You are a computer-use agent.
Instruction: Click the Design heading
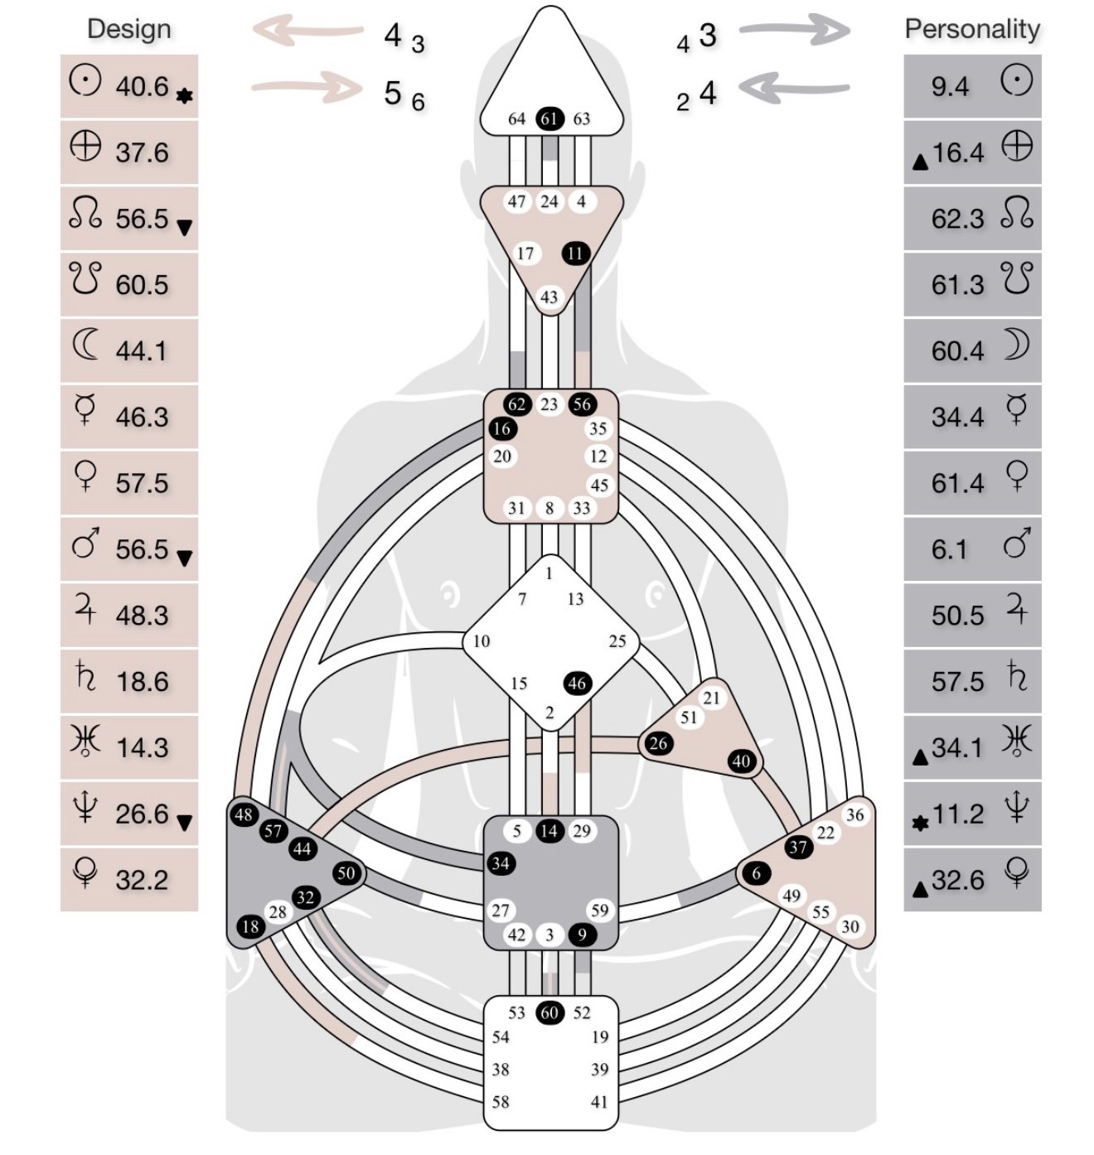click(x=129, y=29)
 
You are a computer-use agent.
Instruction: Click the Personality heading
click(x=972, y=29)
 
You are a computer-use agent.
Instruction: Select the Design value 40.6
click(x=142, y=86)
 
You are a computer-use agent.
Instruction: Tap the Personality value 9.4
click(x=950, y=86)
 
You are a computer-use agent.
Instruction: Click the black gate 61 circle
click(x=549, y=118)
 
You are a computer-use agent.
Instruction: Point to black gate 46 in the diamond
click(x=577, y=684)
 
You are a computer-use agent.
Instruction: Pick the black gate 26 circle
click(x=658, y=743)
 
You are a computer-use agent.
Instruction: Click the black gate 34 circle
click(x=501, y=863)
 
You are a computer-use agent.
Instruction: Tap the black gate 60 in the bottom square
click(x=549, y=1012)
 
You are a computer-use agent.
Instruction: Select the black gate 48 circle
click(x=244, y=814)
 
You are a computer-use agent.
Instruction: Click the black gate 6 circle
click(x=756, y=872)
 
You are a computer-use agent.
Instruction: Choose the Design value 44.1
click(x=141, y=351)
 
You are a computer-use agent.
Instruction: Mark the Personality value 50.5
click(x=958, y=616)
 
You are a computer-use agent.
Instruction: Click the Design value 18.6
click(x=142, y=682)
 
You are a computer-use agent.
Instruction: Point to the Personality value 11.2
click(x=958, y=814)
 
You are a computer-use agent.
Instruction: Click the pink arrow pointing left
click(x=307, y=31)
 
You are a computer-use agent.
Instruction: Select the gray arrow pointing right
click(x=794, y=31)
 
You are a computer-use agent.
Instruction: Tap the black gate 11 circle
click(x=576, y=254)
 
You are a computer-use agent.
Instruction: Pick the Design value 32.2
click(x=142, y=880)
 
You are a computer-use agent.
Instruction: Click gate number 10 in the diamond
click(x=482, y=641)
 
